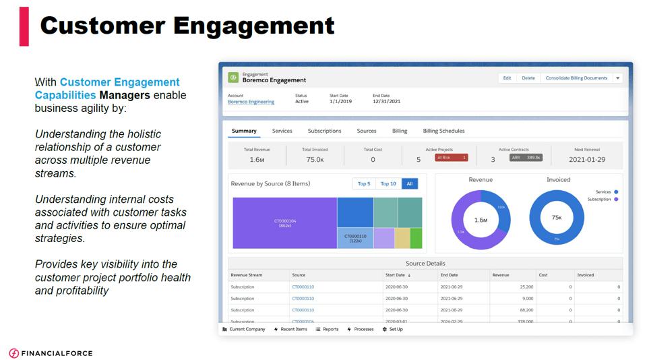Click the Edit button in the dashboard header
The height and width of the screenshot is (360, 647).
point(507,78)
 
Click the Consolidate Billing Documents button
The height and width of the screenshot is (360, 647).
point(576,78)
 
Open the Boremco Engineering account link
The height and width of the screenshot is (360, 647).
point(251,102)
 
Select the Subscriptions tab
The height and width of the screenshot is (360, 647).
point(324,131)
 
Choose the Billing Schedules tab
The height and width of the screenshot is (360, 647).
point(443,131)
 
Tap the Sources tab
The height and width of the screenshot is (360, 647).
point(367,131)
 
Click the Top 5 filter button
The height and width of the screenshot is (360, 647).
point(364,183)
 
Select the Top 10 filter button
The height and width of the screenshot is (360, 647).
point(388,183)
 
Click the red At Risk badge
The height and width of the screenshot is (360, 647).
point(451,158)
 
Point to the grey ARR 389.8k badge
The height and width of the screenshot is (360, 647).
point(526,158)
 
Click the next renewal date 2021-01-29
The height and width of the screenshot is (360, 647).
point(587,160)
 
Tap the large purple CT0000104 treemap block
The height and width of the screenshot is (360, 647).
point(284,222)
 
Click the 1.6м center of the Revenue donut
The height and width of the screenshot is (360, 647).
point(481,220)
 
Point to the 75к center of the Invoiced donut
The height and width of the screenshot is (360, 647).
point(557,218)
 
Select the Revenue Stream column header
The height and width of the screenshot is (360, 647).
point(247,275)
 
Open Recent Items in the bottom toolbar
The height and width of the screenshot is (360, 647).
point(291,329)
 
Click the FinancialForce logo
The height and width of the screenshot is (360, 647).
point(51,353)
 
